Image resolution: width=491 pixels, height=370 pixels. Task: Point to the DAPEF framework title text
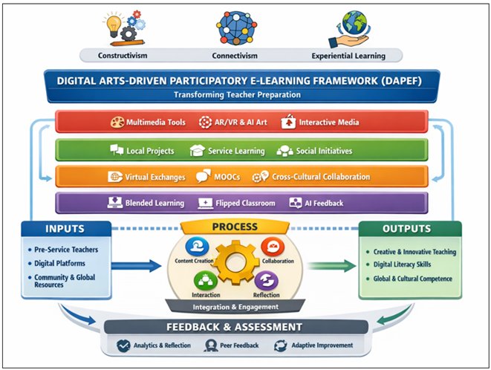click(x=245, y=81)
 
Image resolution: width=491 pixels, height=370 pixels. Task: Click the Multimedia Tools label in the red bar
click(x=153, y=122)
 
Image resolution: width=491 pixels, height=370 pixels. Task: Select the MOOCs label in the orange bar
click(x=220, y=177)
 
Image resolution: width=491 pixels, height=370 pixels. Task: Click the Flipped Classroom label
click(x=244, y=203)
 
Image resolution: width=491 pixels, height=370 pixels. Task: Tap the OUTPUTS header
click(x=409, y=229)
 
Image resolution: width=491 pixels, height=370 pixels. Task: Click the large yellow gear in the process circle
click(x=236, y=264)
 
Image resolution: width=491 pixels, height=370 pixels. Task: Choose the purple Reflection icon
click(x=267, y=281)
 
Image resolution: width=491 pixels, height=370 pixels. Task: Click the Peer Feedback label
click(x=234, y=345)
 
